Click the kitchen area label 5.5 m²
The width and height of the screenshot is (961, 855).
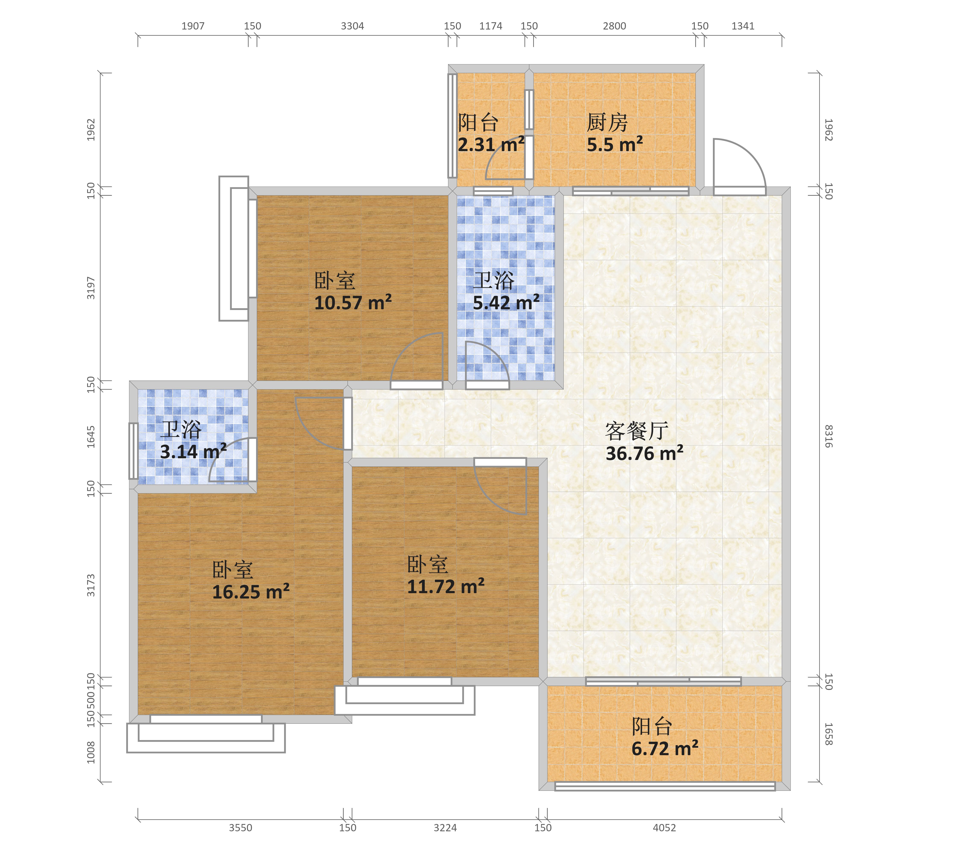[614, 144]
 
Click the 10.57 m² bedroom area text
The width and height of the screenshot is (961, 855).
[353, 303]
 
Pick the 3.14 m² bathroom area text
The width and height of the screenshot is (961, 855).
[193, 452]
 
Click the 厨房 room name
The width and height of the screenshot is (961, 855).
[607, 123]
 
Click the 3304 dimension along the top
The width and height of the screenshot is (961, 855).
[353, 26]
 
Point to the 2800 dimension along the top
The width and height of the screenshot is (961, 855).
[614, 26]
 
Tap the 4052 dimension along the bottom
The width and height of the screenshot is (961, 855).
[664, 828]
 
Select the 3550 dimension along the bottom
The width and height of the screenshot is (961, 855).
[241, 828]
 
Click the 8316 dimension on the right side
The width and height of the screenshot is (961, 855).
[828, 436]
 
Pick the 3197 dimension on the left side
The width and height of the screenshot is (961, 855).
[91, 288]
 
